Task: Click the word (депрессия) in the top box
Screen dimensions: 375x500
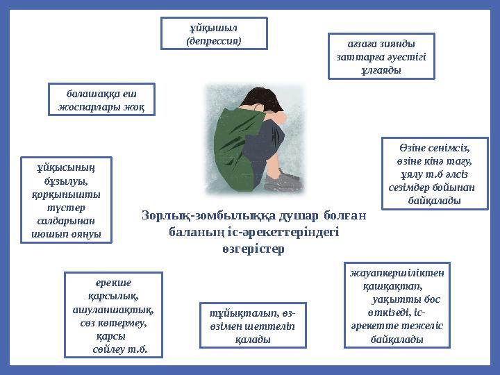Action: (214, 40)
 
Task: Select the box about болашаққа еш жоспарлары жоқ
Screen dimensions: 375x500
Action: (101, 99)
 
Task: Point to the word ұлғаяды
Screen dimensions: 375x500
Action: (381, 70)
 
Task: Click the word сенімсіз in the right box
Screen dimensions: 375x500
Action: (444, 148)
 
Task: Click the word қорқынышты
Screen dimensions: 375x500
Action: (67, 194)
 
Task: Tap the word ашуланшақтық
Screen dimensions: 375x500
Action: (114, 310)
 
